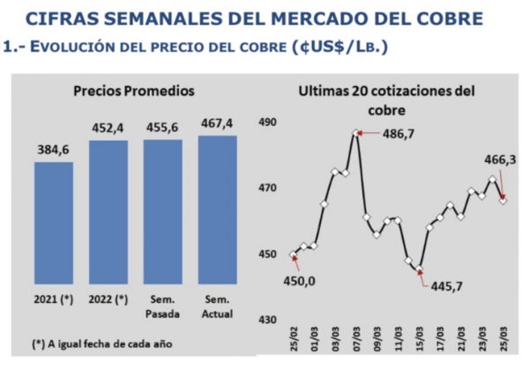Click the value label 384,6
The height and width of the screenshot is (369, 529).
click(53, 151)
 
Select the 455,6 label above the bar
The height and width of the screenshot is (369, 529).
click(162, 128)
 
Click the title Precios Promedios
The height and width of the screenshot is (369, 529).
click(134, 91)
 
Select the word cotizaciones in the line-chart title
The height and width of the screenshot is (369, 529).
click(402, 91)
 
